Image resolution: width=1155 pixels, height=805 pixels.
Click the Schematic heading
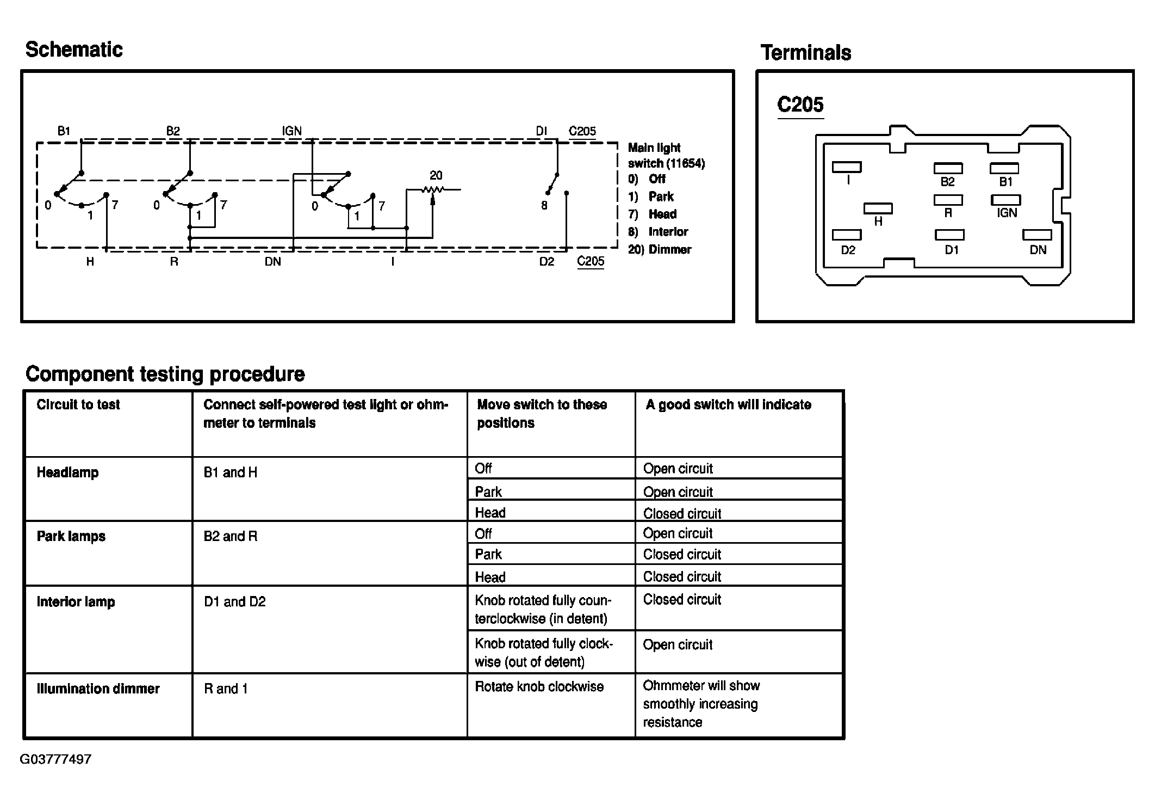coord(74,50)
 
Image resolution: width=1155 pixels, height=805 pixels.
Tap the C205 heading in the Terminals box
coord(800,105)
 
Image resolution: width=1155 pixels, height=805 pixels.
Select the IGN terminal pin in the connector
coord(1005,200)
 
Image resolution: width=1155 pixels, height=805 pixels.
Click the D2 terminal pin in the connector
coord(847,235)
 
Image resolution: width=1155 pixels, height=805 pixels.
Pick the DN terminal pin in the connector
coord(1037,235)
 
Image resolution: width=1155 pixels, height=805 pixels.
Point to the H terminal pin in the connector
coord(878,208)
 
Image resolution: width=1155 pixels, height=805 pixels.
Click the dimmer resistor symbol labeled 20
coord(433,189)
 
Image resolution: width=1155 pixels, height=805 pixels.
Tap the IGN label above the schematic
coord(291,131)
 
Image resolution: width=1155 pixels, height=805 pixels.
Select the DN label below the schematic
coord(273,262)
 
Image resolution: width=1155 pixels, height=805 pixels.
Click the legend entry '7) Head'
coord(653,214)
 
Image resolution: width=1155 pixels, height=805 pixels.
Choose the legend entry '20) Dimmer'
coord(660,249)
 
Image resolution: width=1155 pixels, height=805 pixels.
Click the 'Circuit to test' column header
coord(78,404)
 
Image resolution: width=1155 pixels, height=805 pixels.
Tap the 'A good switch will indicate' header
coord(728,404)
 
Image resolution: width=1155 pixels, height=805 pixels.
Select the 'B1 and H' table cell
coord(231,472)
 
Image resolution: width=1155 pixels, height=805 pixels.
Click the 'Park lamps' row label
coord(71,536)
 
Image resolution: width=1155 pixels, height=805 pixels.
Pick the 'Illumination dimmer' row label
coord(98,689)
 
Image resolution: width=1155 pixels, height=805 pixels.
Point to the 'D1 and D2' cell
coord(235,601)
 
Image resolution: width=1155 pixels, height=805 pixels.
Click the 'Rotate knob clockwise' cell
coord(539,686)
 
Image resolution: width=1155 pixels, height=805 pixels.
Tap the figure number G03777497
coord(55,759)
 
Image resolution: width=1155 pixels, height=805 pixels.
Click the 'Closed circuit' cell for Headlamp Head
coord(682,513)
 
